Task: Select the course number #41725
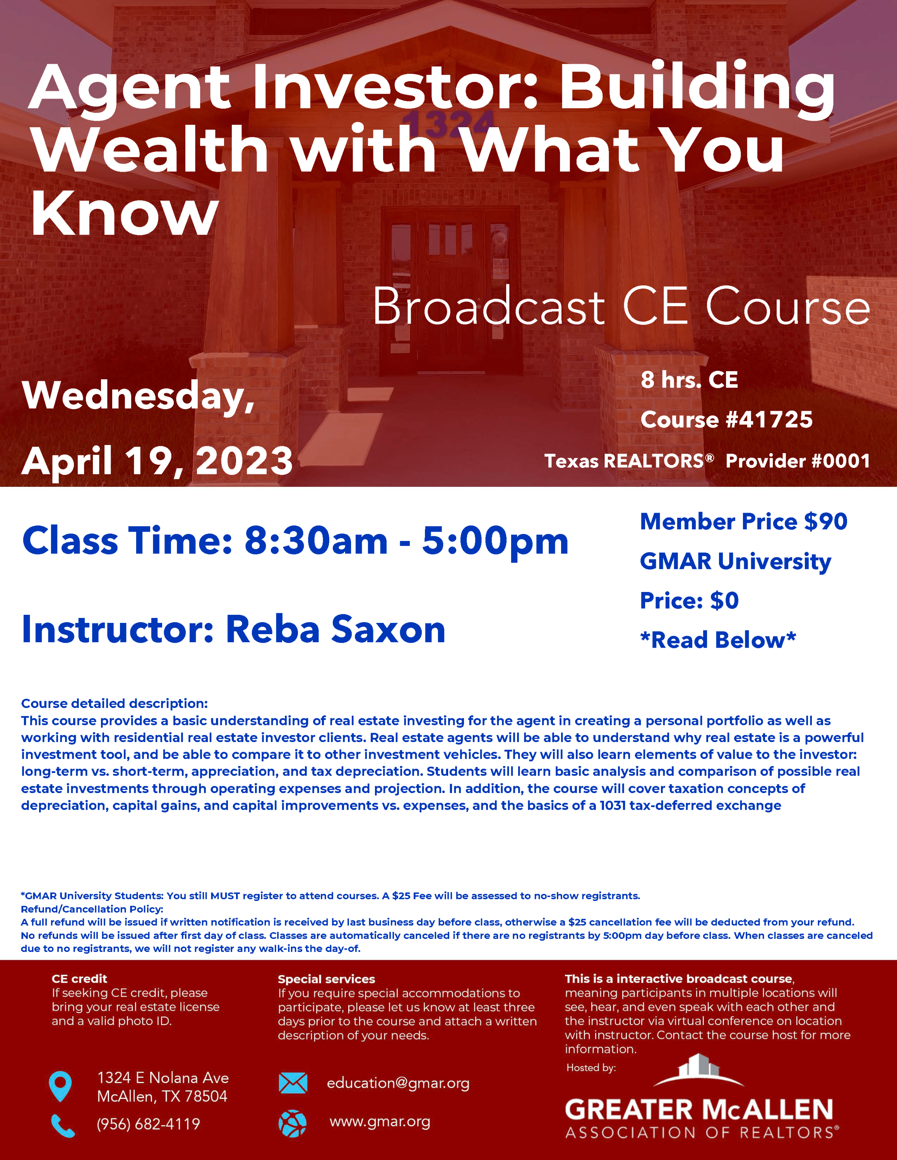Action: [769, 420]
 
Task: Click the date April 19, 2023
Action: [157, 461]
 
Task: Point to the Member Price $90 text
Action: [743, 522]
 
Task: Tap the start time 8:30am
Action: [316, 541]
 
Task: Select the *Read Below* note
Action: [718, 640]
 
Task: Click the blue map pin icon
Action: [60, 1086]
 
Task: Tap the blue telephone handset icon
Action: [63, 1126]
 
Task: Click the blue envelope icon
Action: [293, 1083]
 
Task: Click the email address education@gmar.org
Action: [398, 1083]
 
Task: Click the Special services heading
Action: [326, 979]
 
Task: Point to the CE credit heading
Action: [79, 978]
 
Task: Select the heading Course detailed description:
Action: [114, 703]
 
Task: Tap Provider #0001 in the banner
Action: [798, 461]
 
